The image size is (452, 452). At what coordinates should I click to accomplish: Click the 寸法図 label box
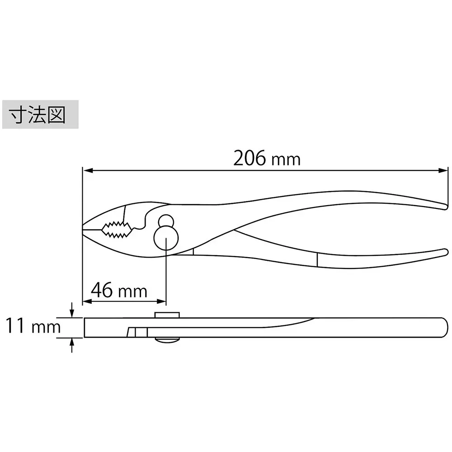(41, 115)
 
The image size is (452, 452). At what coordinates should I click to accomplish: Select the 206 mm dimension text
(267, 159)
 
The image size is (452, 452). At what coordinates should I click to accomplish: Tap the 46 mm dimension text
(119, 290)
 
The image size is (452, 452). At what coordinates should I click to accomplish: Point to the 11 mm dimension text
(33, 326)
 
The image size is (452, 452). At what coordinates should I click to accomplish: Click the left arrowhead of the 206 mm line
(87, 170)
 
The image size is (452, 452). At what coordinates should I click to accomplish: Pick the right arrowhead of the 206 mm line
(443, 170)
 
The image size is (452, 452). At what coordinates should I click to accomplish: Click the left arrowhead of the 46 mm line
(87, 301)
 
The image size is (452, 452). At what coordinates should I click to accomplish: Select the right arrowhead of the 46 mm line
(162, 301)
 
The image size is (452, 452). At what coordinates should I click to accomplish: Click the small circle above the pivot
(166, 221)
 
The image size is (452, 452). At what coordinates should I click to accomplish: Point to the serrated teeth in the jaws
(117, 229)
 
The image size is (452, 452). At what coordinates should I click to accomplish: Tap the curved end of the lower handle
(443, 252)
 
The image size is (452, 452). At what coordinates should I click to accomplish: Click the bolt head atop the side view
(167, 315)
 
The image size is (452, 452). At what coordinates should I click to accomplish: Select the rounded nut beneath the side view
(167, 340)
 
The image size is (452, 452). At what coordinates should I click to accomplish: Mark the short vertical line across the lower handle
(317, 260)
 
